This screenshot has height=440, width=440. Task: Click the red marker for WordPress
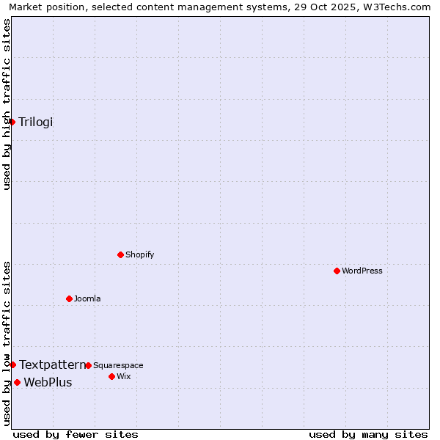pos(337,271)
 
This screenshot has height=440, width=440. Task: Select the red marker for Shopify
pos(120,254)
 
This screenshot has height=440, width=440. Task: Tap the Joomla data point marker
pos(69,298)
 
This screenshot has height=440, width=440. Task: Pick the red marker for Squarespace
pos(88,365)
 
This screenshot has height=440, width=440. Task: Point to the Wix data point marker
pos(111,376)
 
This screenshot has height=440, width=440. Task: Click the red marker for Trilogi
pos(12,122)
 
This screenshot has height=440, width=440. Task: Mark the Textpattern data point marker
pos(12,364)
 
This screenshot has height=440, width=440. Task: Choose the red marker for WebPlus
pos(17,382)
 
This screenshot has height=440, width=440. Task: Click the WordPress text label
pos(362,271)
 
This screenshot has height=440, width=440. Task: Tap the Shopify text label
pos(139,254)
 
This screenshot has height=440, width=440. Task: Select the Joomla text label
pos(87,298)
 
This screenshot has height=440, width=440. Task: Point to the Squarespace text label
pos(118,365)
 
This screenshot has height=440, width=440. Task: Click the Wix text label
pos(124,376)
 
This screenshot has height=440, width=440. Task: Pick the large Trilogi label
pos(36,122)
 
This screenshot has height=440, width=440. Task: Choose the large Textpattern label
pos(52,364)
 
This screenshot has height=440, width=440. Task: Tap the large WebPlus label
pos(48,382)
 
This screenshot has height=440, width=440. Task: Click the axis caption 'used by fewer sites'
pos(76,434)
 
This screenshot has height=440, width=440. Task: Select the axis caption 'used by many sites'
pos(368,434)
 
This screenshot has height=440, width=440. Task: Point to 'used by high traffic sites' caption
pos(7,104)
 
